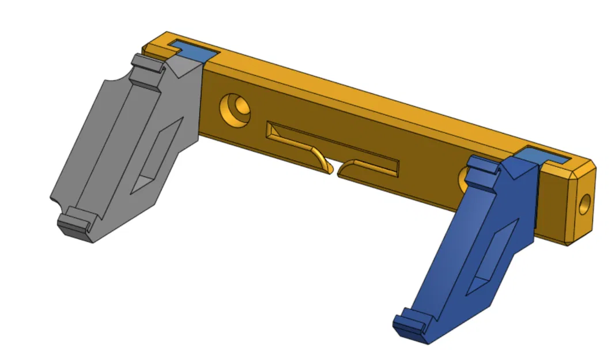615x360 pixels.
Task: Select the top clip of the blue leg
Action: [481, 168]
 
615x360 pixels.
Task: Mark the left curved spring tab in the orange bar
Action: [300, 149]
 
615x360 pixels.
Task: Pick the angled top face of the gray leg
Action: [183, 68]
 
